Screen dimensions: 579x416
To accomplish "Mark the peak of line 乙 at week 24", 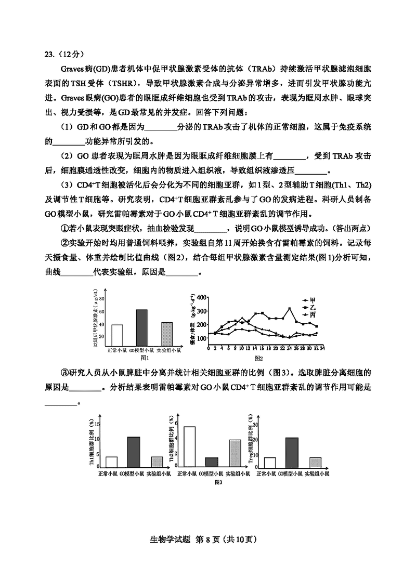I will coord(290,309).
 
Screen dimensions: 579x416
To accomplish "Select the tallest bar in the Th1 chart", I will coord(134,452).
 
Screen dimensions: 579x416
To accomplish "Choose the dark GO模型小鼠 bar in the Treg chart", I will coord(292,453).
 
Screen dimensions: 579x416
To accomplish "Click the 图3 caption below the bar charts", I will coord(218,482).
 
